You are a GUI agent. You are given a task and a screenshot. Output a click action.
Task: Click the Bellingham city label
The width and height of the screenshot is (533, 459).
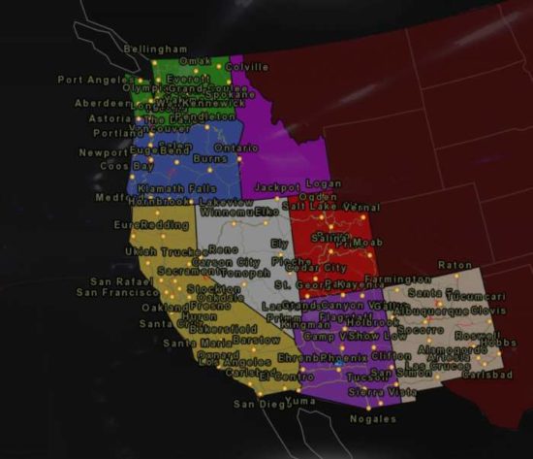click(x=156, y=49)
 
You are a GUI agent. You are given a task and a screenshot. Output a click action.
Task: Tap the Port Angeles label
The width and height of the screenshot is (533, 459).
click(x=92, y=80)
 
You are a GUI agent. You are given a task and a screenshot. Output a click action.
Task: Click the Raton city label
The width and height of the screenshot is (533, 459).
click(x=455, y=264)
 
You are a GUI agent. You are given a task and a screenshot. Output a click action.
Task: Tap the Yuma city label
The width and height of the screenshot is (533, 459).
click(x=301, y=400)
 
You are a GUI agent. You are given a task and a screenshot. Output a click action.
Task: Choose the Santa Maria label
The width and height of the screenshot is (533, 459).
click(x=192, y=343)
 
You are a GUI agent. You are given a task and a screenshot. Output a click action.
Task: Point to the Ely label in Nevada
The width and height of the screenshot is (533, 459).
click(x=281, y=245)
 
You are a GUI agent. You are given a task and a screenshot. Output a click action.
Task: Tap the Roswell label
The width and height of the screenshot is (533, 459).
click(x=477, y=334)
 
